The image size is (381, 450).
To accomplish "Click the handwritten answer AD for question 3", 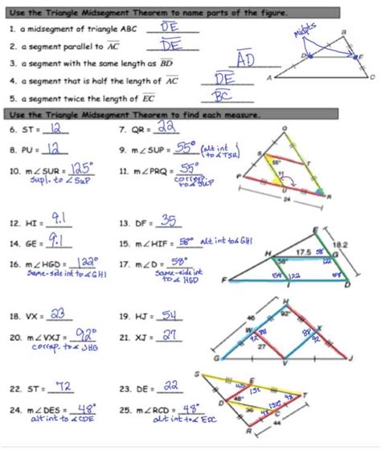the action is coord(246,61).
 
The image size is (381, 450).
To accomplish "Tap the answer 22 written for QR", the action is coord(168,128).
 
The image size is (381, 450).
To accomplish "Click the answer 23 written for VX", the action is coord(58,315).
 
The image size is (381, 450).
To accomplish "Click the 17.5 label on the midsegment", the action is coord(301,252).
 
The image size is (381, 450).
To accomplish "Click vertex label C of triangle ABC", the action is coord(371,77).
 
